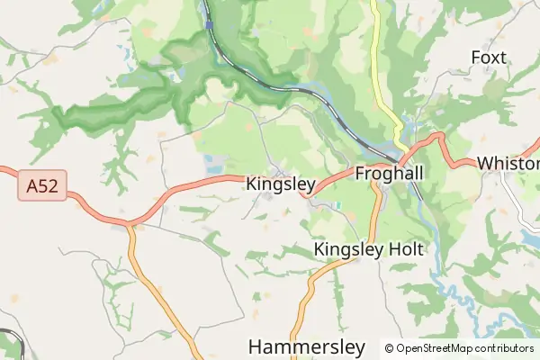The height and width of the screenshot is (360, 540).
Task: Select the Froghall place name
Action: pyautogui.click(x=390, y=173)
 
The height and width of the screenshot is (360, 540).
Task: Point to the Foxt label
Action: pyautogui.click(x=489, y=58)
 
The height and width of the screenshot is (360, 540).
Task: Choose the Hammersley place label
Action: pyautogui.click(x=306, y=346)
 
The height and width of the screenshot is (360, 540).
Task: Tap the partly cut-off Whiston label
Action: pyautogui.click(x=508, y=164)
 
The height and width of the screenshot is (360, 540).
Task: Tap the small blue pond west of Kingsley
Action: pyautogui.click(x=214, y=164)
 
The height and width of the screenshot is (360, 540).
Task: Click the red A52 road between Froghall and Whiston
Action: pyautogui.click(x=454, y=154)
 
